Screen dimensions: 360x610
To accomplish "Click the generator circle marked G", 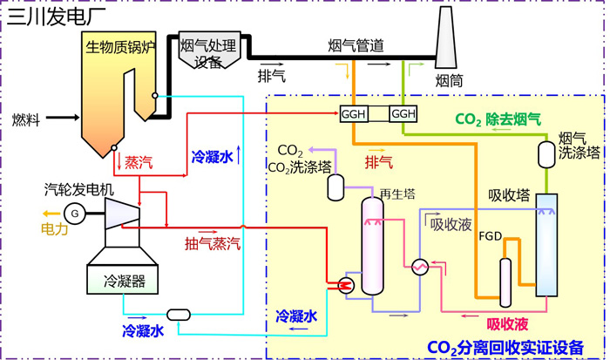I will (75, 213).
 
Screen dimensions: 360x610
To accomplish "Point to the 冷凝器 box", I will (125, 281).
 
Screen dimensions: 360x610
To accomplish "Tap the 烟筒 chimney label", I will (450, 81).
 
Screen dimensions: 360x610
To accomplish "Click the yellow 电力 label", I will (54, 229).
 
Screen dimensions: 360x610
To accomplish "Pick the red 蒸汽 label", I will (139, 162).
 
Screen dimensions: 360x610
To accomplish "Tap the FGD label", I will (491, 236).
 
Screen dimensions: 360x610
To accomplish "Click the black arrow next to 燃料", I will (62, 118).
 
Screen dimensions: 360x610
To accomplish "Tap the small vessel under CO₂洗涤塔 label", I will (336, 185).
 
